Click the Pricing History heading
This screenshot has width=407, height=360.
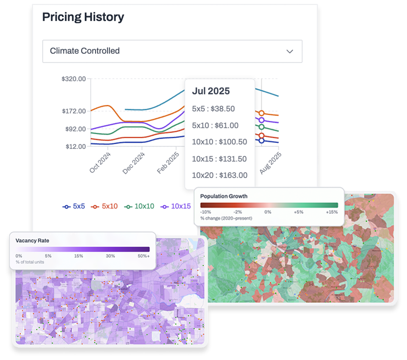point(83,16)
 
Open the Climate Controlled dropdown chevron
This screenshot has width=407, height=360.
point(290,51)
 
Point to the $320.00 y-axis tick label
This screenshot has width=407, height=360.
point(74,79)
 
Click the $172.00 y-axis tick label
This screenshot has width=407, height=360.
point(74,111)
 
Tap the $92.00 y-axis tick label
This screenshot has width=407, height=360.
point(76,129)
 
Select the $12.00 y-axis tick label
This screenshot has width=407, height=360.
point(76,147)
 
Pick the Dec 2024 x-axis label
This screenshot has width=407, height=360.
point(133,163)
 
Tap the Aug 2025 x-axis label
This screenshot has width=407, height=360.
point(270,163)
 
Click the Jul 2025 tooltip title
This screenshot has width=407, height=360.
point(211,91)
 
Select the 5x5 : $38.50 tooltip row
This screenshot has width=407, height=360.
point(213,109)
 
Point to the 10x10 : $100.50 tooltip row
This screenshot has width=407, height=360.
point(219,142)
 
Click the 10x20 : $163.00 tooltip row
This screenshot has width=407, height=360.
point(219,175)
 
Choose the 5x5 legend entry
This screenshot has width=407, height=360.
point(74,207)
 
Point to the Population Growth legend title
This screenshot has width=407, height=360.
point(224,196)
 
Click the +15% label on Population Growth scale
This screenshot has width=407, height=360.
point(331,212)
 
